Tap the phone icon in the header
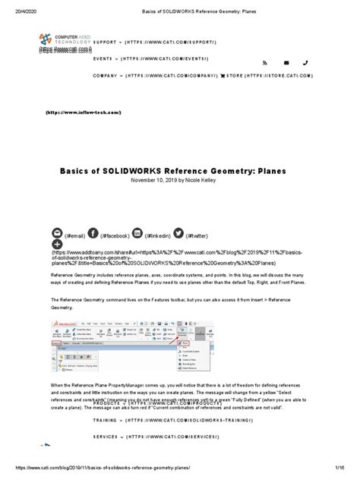[x=305, y=64]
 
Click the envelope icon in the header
[x=285, y=64]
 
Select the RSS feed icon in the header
[x=264, y=64]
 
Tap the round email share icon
[x=58, y=211]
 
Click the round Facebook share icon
[x=93, y=211]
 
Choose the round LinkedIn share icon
[x=137, y=211]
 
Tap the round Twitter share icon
[x=178, y=211]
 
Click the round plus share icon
[x=58, y=226]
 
